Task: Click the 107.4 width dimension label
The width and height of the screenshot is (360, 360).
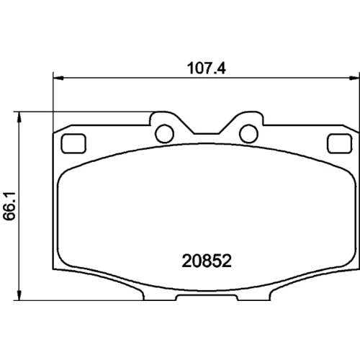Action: coord(207,68)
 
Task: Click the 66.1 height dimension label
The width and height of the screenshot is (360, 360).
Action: coord(9,206)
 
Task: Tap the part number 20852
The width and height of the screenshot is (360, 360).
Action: coord(207,261)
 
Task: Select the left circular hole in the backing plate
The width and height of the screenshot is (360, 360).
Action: coord(164,134)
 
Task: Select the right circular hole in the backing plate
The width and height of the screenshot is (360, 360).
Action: coord(248,134)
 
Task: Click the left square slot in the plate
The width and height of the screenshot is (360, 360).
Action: coord(73,143)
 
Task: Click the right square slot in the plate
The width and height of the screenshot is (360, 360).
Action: coord(340,143)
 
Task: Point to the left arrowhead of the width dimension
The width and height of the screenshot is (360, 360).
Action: coord(58,78)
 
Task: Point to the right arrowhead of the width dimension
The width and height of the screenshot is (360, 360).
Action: coord(354,78)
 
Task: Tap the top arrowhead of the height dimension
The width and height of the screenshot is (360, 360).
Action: coord(19,117)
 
